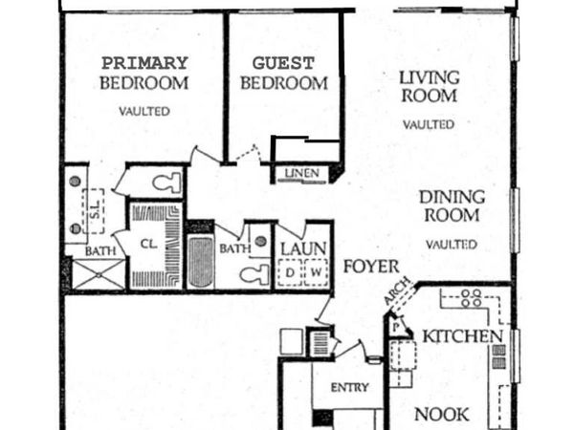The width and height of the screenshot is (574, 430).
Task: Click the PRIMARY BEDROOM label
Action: (144, 73)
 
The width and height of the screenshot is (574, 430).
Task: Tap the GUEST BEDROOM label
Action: (283, 74)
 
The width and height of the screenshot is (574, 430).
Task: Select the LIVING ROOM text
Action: (429, 86)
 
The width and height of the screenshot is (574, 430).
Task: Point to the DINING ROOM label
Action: (452, 205)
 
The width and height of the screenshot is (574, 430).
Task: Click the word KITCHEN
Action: (463, 336)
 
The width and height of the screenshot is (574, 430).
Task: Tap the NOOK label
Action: (442, 415)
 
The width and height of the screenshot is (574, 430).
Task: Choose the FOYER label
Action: (364, 266)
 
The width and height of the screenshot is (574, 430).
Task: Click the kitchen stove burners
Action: (470, 297)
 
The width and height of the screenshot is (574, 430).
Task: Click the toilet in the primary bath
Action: (166, 182)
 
